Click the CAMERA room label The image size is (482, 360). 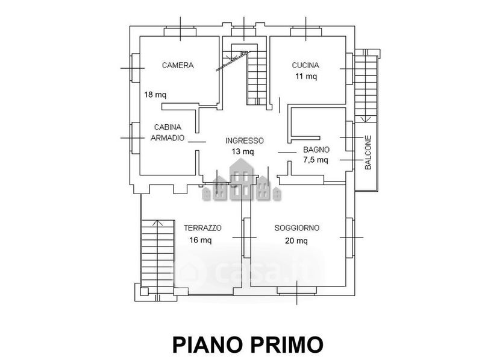(178, 65)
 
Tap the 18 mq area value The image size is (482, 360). (155, 95)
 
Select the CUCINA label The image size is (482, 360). (305, 65)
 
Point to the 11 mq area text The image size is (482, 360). (306, 76)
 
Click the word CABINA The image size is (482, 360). (167, 127)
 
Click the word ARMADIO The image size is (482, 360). (167, 138)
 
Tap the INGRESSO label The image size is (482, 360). (245, 141)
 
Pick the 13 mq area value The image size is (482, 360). (243, 151)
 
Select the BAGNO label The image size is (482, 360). (316, 150)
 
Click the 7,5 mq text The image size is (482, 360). (316, 160)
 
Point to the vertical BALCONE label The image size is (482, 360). (368, 153)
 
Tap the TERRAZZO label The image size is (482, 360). (202, 228)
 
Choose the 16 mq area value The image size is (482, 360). (201, 239)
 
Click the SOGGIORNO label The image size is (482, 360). (296, 228)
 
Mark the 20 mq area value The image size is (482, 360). (296, 241)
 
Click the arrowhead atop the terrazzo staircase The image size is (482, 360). (158, 223)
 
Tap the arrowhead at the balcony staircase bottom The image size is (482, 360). (366, 119)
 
